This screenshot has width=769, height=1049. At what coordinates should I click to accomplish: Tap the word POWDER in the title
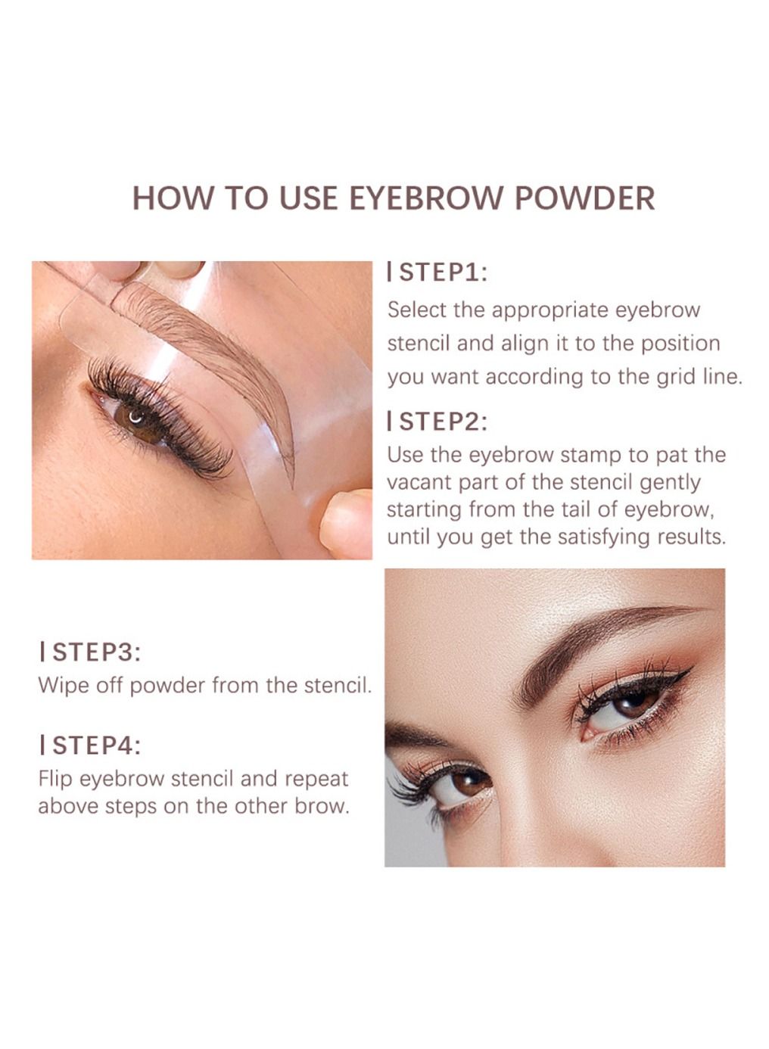pyautogui.click(x=584, y=198)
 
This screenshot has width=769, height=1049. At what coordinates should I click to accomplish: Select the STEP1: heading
pyautogui.click(x=437, y=272)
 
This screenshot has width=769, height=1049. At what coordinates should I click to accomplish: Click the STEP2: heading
pyautogui.click(x=437, y=421)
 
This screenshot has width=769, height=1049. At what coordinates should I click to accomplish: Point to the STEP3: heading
pyautogui.click(x=90, y=652)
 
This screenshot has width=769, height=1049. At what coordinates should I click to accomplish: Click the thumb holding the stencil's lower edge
pyautogui.click(x=347, y=524)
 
